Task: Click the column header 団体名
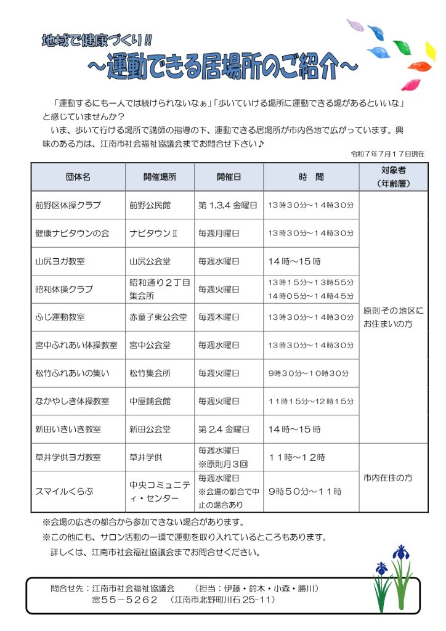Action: click(x=78, y=177)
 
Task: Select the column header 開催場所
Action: click(x=160, y=177)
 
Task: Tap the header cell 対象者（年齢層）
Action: click(x=394, y=177)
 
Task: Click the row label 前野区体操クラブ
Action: click(x=68, y=205)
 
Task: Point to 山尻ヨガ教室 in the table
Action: click(x=60, y=261)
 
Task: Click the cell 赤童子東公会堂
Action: click(x=158, y=317)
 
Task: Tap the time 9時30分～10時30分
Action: click(x=309, y=373)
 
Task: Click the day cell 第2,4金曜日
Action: click(x=224, y=429)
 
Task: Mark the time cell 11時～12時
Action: click(x=297, y=457)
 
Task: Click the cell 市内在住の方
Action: click(x=388, y=478)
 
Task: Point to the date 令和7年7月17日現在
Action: click(x=387, y=153)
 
